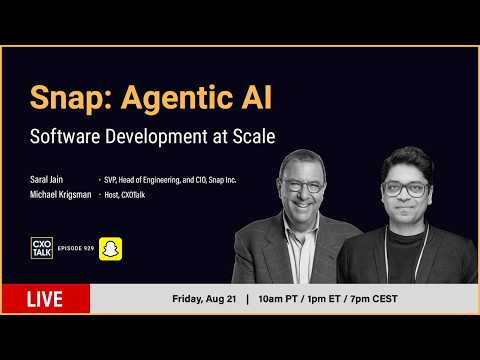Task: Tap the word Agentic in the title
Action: click(177, 99)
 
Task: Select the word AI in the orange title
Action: click(257, 97)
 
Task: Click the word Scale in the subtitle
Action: click(254, 136)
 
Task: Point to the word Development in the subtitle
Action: click(156, 137)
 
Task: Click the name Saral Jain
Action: click(46, 180)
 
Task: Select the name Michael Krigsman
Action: click(61, 194)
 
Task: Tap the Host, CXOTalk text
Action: click(125, 195)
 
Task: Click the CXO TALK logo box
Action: click(42, 248)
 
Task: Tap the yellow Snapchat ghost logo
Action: click(111, 249)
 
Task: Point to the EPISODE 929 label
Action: click(76, 248)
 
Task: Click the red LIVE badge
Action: click(46, 299)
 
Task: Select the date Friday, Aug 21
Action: click(204, 299)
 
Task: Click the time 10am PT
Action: click(278, 299)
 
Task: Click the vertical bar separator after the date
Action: click(247, 299)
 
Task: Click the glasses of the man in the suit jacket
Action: click(302, 186)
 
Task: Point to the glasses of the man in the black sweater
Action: click(405, 189)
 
